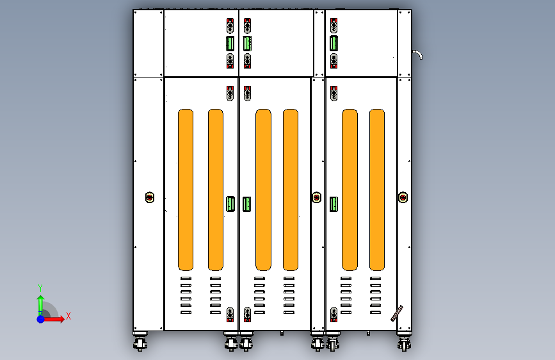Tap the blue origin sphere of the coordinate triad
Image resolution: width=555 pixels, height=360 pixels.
click(x=40, y=319)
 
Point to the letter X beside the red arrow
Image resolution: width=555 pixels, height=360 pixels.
click(x=68, y=316)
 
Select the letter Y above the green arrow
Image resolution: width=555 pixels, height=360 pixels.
click(x=40, y=288)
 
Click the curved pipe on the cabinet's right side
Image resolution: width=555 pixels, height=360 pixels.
click(x=417, y=54)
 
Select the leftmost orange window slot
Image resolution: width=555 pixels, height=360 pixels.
click(x=186, y=190)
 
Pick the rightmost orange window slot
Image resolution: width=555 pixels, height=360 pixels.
click(x=377, y=190)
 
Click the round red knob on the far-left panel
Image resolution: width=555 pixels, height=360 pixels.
click(x=150, y=197)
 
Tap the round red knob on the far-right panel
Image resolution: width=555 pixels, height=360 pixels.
click(x=403, y=197)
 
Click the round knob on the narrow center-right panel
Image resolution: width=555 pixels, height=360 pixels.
click(x=317, y=197)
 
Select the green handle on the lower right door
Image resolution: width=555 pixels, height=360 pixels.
click(x=334, y=204)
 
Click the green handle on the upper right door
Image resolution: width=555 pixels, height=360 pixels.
click(x=334, y=43)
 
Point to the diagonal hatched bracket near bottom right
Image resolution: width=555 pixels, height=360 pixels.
click(x=397, y=313)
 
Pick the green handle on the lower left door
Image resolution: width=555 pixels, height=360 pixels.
click(x=230, y=204)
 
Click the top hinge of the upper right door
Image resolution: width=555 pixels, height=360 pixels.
click(x=334, y=26)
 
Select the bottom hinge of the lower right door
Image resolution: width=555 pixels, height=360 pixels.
click(x=334, y=315)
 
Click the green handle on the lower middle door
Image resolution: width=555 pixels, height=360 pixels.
click(x=247, y=204)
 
